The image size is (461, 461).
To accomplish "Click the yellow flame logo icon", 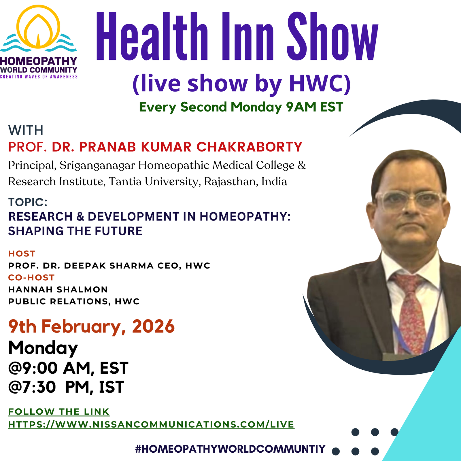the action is coord(38,27).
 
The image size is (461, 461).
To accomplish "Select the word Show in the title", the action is coord(332,37).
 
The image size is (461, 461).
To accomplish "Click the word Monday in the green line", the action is coord(256,107).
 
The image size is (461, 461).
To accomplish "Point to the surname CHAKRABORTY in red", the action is coord(249,147).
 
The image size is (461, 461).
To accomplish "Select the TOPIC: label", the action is coord(28,202).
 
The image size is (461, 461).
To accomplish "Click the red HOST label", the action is coord(22,254).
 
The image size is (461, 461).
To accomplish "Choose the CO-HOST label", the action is coord(31,277).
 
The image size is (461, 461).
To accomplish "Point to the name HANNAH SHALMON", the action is coord(58,289).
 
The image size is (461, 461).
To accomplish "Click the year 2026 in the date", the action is coord(153,326).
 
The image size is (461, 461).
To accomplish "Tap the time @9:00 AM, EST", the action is coord(68,368).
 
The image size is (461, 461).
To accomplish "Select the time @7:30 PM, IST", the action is coord(66,387).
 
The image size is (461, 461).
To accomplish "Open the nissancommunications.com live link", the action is coord(151,424).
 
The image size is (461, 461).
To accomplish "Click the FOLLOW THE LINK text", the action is coord(59,412).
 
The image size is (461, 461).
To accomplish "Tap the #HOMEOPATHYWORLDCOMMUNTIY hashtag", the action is coord(230,449).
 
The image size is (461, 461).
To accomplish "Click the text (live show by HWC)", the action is coord(241,83).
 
